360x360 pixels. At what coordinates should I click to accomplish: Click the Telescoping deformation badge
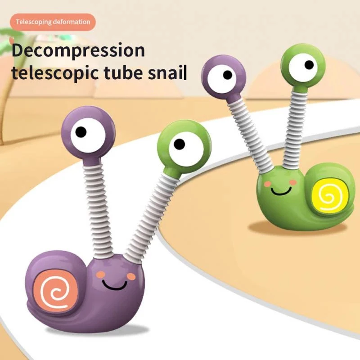(53, 22)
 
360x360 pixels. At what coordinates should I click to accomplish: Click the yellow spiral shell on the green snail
(330, 193)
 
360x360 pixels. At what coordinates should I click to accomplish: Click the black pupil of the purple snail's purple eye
(81, 132)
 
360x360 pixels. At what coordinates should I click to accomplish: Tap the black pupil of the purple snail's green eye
(179, 144)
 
